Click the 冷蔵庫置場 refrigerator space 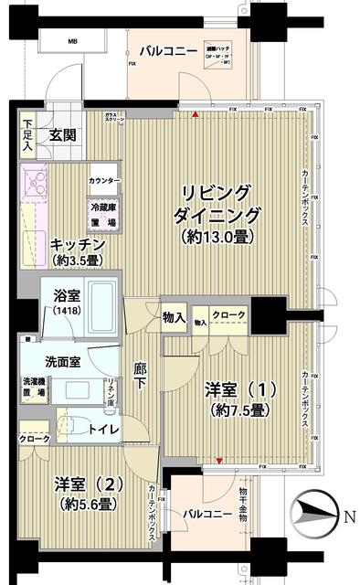[x=102, y=216]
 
